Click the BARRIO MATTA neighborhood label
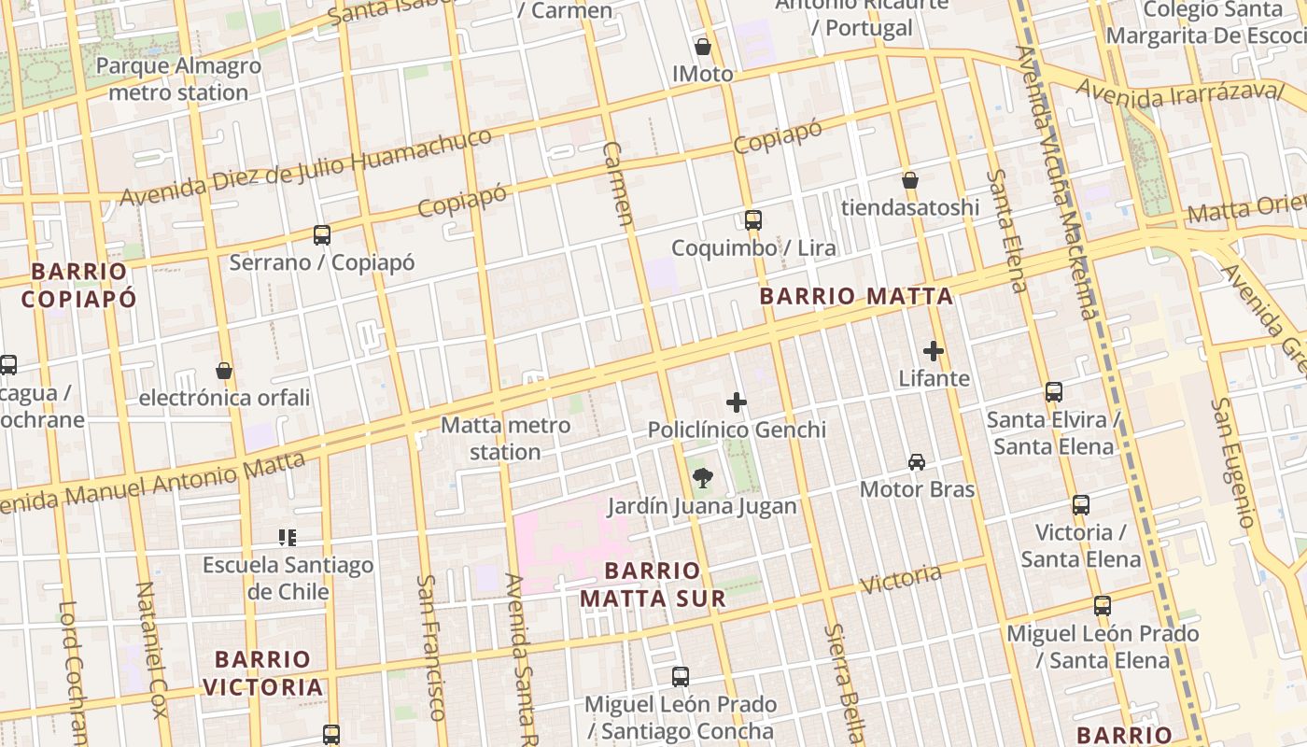(856, 297)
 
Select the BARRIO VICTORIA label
(263, 673)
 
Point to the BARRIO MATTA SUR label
(653, 585)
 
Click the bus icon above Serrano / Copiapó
(322, 235)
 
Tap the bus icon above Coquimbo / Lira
(753, 220)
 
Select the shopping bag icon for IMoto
(703, 47)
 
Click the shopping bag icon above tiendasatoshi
(910, 180)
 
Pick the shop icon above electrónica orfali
(224, 371)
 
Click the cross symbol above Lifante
(934, 351)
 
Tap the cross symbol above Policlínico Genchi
(737, 402)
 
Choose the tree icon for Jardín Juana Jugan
(702, 479)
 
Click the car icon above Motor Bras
(917, 462)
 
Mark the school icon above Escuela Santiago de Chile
(288, 538)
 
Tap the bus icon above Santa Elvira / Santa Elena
(1054, 392)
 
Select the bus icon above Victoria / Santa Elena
(1081, 505)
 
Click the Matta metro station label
(505, 438)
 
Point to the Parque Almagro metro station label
(178, 79)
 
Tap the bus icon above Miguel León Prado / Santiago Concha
(681, 677)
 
